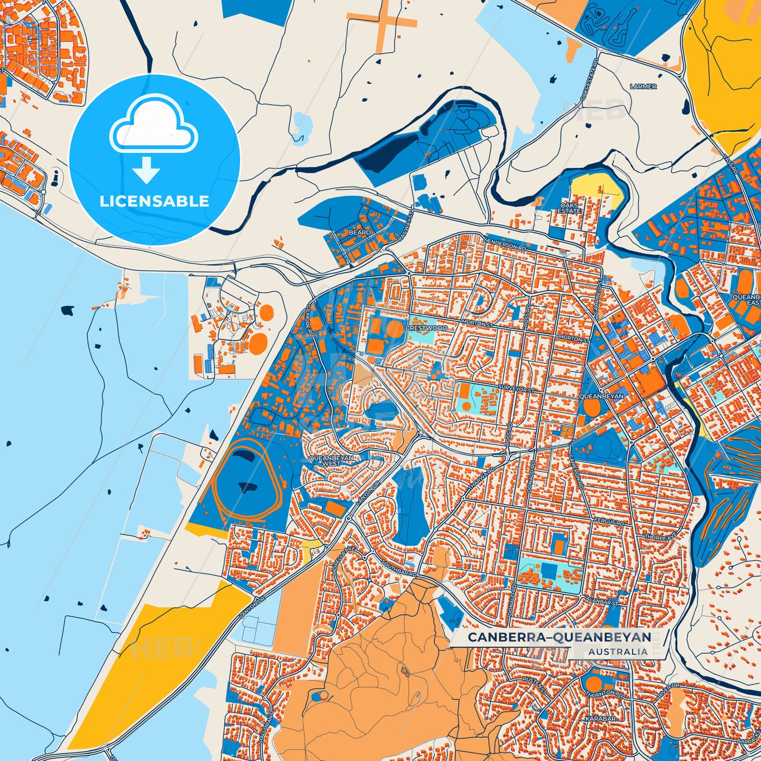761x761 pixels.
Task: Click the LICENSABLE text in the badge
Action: (154, 201)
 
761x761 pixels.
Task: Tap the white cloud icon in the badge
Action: (153, 125)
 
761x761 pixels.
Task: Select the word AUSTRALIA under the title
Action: (618, 652)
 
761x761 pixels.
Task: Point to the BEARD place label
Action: (360, 232)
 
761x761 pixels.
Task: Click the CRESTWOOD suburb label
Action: (427, 328)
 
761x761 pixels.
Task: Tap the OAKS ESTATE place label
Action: (569, 208)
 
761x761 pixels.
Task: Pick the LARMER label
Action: (643, 86)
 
